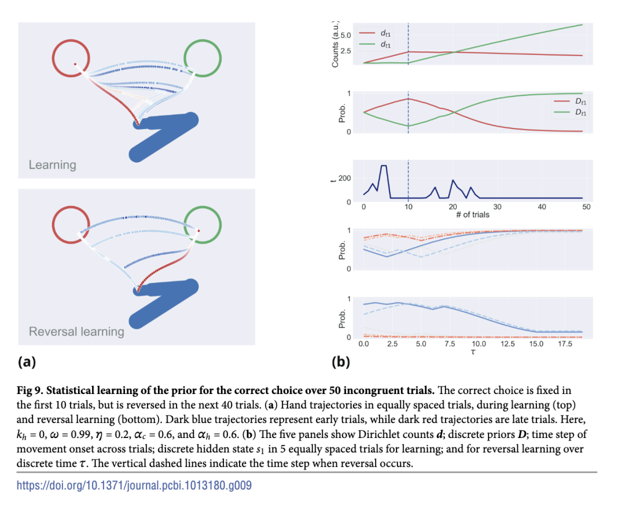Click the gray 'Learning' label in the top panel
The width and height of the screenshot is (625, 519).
(x=53, y=165)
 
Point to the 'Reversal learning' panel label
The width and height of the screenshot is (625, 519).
(x=76, y=332)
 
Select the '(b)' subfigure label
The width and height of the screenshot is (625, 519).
(x=341, y=362)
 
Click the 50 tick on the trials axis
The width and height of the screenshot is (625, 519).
(x=586, y=207)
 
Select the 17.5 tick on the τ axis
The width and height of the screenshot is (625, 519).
(x=565, y=344)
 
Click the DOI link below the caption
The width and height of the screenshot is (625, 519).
(x=134, y=485)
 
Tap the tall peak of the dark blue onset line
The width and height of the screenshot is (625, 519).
(x=383, y=166)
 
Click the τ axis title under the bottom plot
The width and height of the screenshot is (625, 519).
(x=472, y=352)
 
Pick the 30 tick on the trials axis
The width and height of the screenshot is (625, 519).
(x=497, y=207)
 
